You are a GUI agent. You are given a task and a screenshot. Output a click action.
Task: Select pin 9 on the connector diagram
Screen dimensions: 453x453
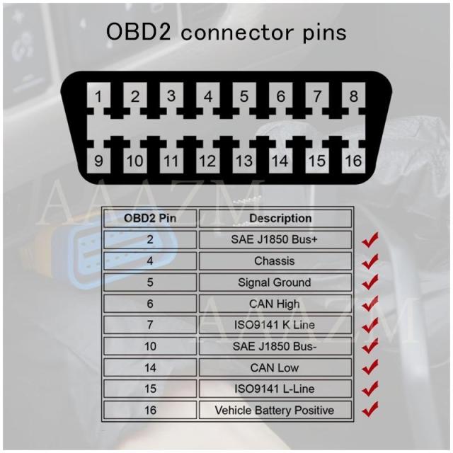[99, 161]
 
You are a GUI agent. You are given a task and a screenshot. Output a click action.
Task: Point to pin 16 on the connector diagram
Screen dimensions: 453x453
[353, 161]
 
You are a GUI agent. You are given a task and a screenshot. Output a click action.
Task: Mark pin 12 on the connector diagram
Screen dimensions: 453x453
[207, 161]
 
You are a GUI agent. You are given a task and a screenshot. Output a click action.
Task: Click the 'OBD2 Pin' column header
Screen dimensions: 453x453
[149, 218]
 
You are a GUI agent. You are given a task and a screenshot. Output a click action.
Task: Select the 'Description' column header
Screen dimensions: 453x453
[275, 218]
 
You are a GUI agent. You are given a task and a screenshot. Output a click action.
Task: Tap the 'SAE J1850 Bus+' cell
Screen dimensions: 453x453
[275, 239]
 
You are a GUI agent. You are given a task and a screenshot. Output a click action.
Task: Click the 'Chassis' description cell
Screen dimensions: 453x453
[275, 261]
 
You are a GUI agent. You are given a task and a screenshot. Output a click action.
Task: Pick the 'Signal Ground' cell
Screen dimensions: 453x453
[275, 282]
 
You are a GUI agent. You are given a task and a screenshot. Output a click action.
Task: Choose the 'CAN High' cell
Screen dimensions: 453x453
[275, 304]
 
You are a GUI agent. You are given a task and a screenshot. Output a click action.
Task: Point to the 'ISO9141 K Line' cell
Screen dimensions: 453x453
[275, 326]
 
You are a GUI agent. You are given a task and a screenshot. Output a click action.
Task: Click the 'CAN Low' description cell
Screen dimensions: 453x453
[275, 368]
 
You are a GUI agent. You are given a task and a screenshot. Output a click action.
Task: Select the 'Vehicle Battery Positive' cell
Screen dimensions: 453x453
[275, 410]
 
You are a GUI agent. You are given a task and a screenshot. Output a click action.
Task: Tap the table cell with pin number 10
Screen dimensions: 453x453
[149, 347]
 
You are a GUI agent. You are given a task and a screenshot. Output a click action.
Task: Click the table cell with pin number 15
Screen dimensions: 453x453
[149, 389]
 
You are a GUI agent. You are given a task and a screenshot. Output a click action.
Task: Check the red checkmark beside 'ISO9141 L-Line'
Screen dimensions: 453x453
[369, 388]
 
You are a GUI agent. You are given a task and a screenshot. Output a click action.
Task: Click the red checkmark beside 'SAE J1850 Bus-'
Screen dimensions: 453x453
[369, 345]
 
